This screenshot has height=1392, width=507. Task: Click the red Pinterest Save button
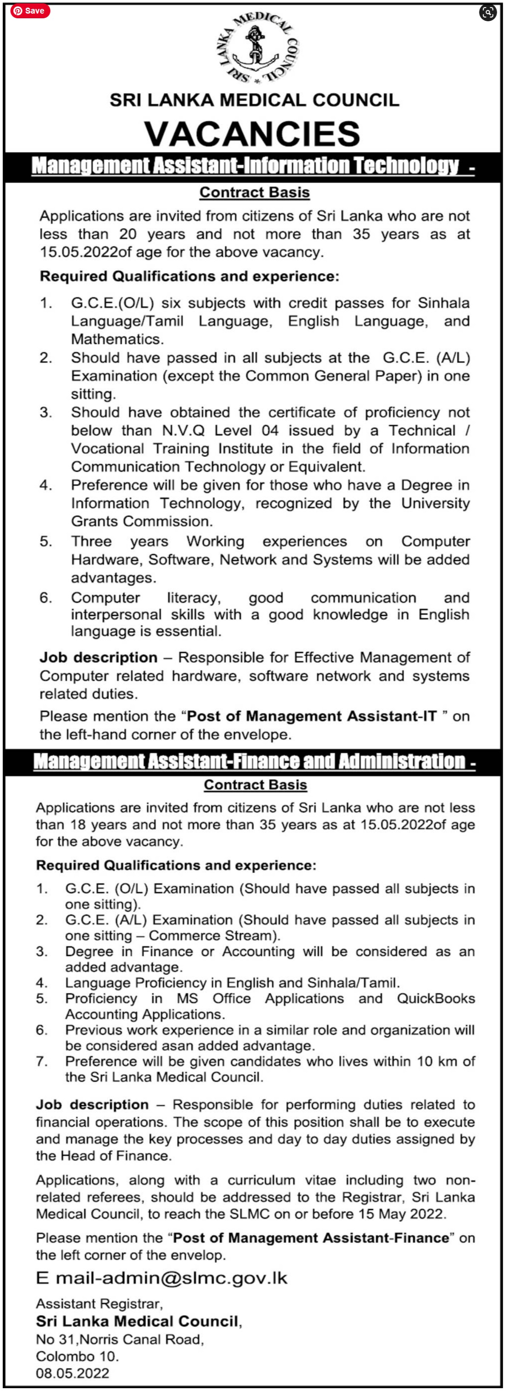pos(30,11)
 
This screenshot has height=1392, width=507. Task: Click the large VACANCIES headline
pos(252,133)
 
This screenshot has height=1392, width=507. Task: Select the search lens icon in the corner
pos(487,12)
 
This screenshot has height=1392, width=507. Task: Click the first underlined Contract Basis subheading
pos(255,193)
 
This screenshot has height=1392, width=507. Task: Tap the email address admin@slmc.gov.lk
pos(172,1278)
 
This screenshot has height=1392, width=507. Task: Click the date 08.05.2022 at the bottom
pos(72,1373)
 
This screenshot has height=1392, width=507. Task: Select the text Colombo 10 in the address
pos(77,1356)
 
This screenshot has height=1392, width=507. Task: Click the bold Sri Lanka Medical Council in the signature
pos(137,1321)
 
